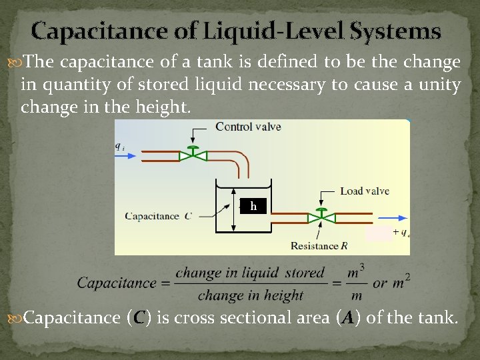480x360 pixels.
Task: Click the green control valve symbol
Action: tap(193, 155)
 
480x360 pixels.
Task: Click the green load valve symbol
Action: tap(321, 217)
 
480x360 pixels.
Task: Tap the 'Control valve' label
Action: tap(248, 127)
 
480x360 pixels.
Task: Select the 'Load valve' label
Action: tap(364, 191)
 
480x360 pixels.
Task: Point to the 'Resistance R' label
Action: tap(319, 246)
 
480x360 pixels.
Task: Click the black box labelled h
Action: tap(253, 207)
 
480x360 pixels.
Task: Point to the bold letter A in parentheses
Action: tap(347, 319)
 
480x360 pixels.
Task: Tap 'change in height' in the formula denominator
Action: tap(250, 295)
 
